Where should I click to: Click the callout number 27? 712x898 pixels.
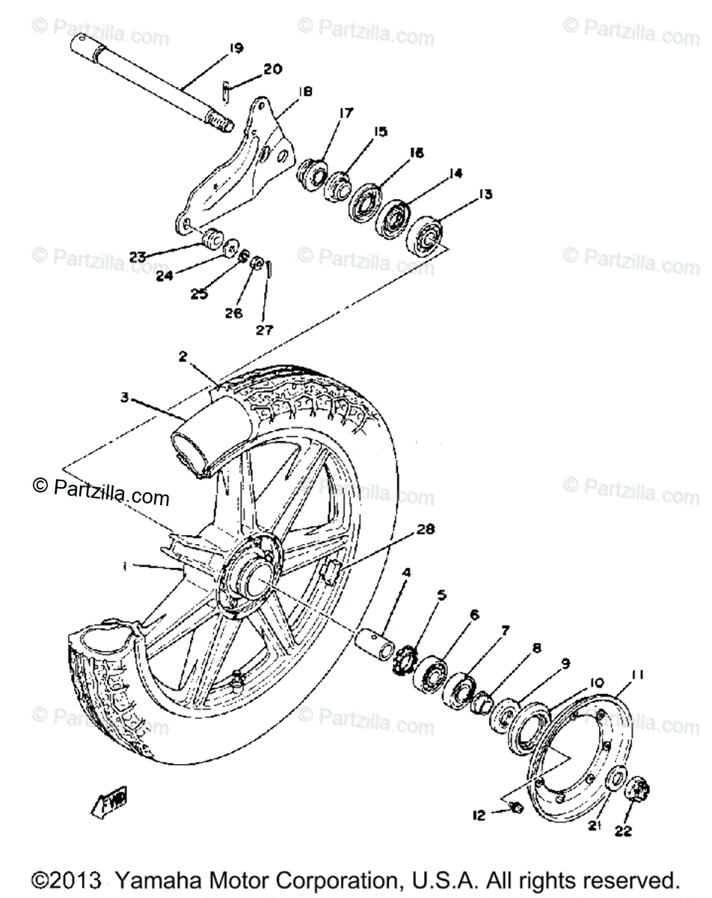265,330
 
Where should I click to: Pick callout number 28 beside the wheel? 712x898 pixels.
425,530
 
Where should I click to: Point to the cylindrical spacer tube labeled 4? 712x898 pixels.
379,644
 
